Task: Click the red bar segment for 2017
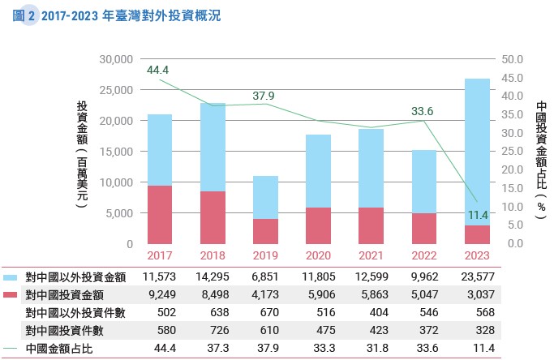(x=159, y=215)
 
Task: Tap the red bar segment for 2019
(x=264, y=231)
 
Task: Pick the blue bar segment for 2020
(x=317, y=171)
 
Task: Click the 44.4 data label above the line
(x=157, y=70)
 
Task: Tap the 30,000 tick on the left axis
(x=115, y=59)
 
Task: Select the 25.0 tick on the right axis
(x=515, y=152)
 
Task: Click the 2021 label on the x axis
(x=370, y=255)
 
